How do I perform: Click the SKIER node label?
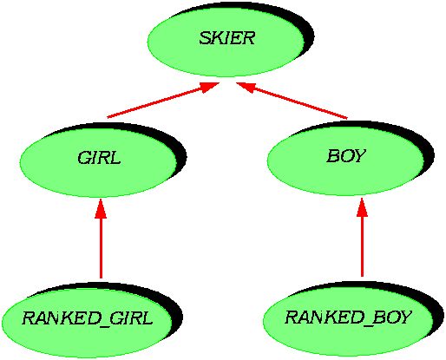pyautogui.click(x=227, y=38)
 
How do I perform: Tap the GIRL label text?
pyautogui.click(x=99, y=158)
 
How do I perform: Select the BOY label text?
pyautogui.click(x=346, y=156)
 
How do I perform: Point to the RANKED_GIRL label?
pyautogui.click(x=88, y=318)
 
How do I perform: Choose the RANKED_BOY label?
pyautogui.click(x=348, y=317)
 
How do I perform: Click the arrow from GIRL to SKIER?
pyautogui.click(x=163, y=100)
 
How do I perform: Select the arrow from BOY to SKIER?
pyautogui.click(x=292, y=101)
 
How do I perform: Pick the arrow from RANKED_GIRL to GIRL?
pyautogui.click(x=101, y=239)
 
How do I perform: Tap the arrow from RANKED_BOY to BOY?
pyautogui.click(x=362, y=238)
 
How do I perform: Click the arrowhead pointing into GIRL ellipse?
pyautogui.click(x=101, y=209)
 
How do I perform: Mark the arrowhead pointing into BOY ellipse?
pyautogui.click(x=362, y=207)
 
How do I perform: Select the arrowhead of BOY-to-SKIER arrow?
pyautogui.click(x=246, y=87)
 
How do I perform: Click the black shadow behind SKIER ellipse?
pyautogui.click(x=306, y=32)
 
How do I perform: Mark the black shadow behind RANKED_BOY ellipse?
pyautogui.click(x=436, y=311)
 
